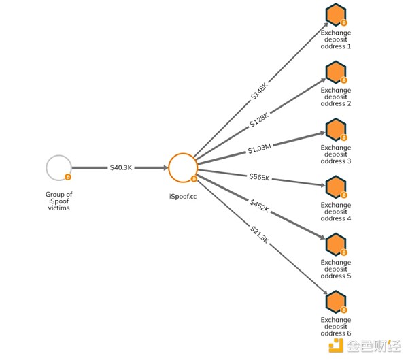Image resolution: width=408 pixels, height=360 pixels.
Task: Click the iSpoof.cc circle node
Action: pyautogui.click(x=182, y=167)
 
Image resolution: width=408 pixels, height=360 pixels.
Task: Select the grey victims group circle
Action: pyautogui.click(x=58, y=167)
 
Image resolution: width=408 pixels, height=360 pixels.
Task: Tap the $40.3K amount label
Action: pyautogui.click(x=121, y=167)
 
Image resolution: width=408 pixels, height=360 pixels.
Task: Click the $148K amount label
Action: pyautogui.click(x=259, y=91)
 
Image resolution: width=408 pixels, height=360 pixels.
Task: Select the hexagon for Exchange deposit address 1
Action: pyautogui.click(x=335, y=14)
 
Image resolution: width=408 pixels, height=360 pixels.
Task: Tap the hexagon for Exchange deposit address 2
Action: pyautogui.click(x=335, y=71)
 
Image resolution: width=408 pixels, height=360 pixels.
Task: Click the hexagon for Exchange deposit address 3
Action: pyautogui.click(x=335, y=129)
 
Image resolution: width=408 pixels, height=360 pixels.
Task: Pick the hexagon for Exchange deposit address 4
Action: pyautogui.click(x=335, y=186)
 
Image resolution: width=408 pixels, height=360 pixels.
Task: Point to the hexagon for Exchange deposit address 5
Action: pyautogui.click(x=335, y=244)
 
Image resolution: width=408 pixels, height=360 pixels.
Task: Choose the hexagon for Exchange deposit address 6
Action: pyautogui.click(x=335, y=301)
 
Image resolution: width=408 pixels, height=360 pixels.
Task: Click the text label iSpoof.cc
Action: pyautogui.click(x=182, y=197)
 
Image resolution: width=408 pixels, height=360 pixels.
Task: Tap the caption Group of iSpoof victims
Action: pyautogui.click(x=58, y=201)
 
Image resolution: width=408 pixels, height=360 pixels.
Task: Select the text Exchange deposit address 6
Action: pyautogui.click(x=336, y=326)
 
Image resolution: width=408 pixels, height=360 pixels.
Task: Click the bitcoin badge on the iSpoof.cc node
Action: pyautogui.click(x=194, y=180)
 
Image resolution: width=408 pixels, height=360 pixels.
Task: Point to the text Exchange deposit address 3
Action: pyautogui.click(x=336, y=154)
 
